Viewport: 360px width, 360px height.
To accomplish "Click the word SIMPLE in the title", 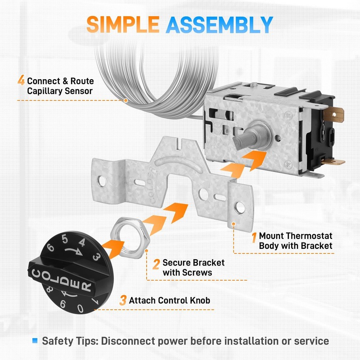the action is (x=123, y=24).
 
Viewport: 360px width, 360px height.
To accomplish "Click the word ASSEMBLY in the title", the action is (x=219, y=25).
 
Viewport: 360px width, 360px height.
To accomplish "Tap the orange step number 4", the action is (x=21, y=81).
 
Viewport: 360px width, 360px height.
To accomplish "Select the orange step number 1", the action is (x=254, y=238).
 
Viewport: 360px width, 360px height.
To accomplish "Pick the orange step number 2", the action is (x=156, y=264).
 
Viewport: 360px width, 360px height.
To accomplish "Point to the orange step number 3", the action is (x=123, y=300).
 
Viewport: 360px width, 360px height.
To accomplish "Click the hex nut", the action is (x=130, y=238).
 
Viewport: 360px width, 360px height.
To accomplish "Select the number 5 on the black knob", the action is (x=65, y=239).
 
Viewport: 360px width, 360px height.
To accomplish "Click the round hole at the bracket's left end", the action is (x=102, y=181).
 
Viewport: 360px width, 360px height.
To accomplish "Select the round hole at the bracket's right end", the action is (x=239, y=207).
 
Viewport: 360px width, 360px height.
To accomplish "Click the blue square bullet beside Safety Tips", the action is (x=35, y=341).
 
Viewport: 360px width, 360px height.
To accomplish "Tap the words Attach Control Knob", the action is (x=170, y=300).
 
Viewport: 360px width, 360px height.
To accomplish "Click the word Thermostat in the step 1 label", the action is (x=309, y=236).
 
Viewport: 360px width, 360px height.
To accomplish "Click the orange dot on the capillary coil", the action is (x=126, y=100).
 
